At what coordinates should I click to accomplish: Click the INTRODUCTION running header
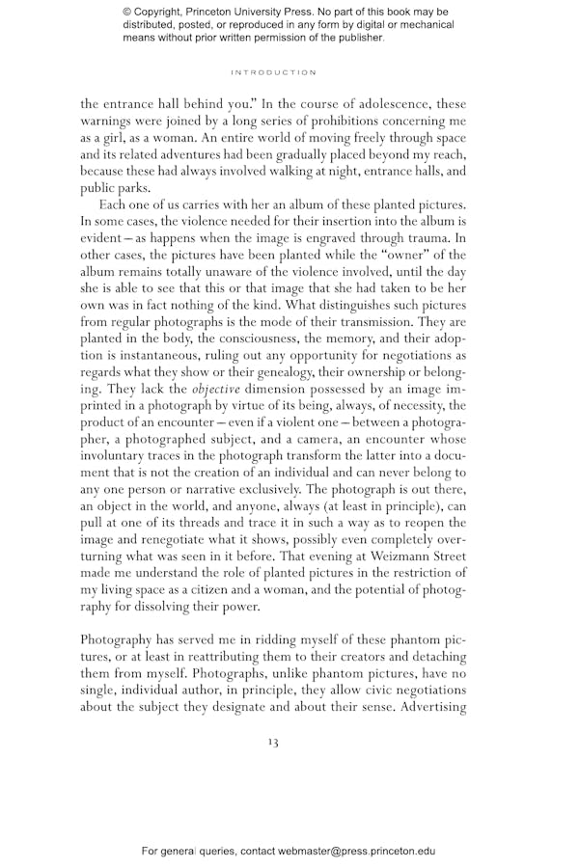273,72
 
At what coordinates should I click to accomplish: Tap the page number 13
273,742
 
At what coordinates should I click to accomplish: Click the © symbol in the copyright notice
127,13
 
